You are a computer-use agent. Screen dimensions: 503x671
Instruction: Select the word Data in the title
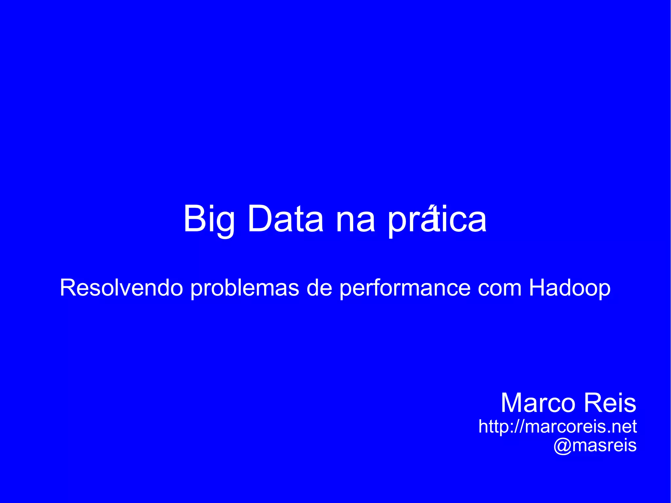286,219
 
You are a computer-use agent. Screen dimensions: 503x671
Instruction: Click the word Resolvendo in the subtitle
121,288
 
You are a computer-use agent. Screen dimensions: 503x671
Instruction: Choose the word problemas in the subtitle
245,288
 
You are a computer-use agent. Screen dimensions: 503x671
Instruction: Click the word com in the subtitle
499,288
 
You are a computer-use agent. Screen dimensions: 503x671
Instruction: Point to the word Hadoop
570,288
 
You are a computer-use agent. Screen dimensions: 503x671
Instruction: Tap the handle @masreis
595,445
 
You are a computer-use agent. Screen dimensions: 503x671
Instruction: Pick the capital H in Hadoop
538,288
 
